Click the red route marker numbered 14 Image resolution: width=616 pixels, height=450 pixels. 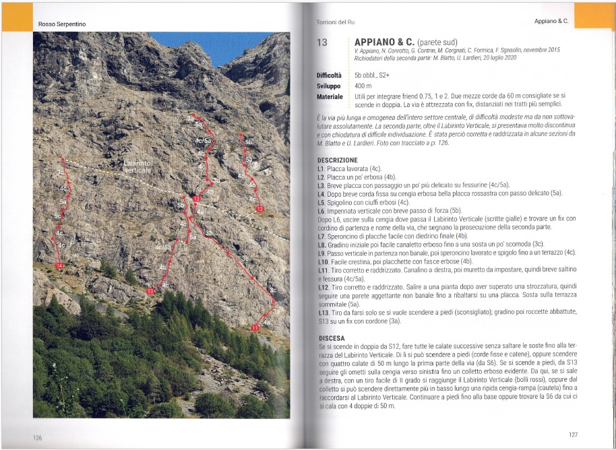click(x=59, y=267)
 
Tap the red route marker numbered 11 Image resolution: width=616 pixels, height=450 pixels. click(x=254, y=327)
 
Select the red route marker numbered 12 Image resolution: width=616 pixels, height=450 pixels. click(x=260, y=210)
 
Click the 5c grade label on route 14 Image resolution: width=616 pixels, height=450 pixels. click(x=58, y=216)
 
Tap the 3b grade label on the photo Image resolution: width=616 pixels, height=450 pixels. click(x=209, y=233)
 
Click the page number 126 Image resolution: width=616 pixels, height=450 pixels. click(x=38, y=437)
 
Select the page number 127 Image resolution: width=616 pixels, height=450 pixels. click(x=572, y=435)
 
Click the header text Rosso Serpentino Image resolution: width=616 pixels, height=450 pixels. click(x=57, y=25)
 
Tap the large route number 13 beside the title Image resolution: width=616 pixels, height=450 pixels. click(x=321, y=42)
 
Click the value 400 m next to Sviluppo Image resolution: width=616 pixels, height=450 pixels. click(x=363, y=86)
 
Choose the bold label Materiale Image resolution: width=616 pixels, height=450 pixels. click(x=330, y=97)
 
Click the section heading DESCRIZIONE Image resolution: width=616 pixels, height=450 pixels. click(x=339, y=160)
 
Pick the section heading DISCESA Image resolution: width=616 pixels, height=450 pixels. click(x=332, y=337)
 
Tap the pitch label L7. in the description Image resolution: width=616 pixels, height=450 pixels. click(x=321, y=236)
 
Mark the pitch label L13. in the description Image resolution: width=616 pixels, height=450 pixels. click(x=324, y=313)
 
